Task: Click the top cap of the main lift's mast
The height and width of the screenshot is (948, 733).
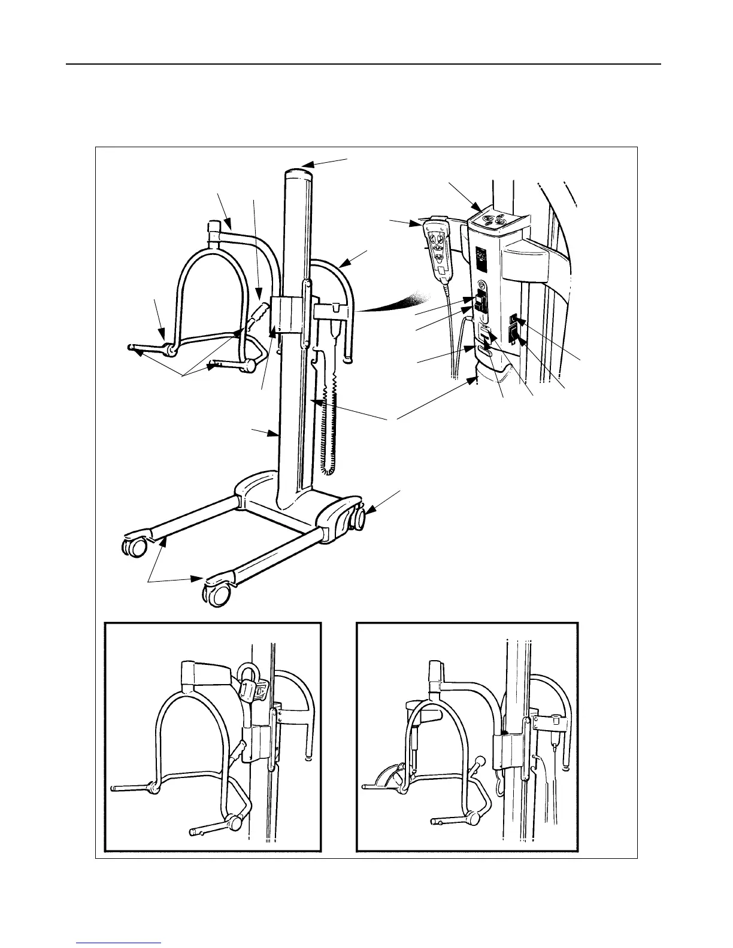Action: pos(298,172)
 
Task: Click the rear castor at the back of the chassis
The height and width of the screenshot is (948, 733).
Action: pos(358,517)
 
